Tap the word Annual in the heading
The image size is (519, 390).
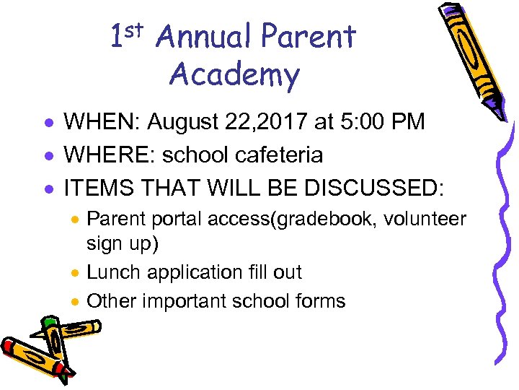pyautogui.click(x=203, y=37)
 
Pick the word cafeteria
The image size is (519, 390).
pyautogui.click(x=272, y=155)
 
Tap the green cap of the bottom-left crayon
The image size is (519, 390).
pyautogui.click(x=48, y=322)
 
